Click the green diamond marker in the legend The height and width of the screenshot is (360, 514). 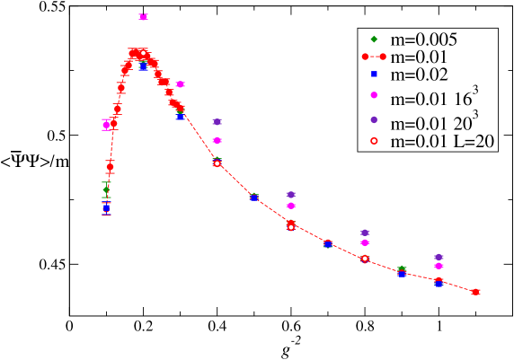(374, 40)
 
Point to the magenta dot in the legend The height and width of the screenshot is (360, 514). (374, 96)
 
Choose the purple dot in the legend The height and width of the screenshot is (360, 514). (374, 119)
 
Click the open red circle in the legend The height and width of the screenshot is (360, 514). (374, 141)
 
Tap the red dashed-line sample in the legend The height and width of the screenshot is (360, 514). (374, 57)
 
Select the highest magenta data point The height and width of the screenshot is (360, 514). (143, 16)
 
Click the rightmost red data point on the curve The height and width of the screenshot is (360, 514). (475, 292)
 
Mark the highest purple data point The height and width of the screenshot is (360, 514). (217, 121)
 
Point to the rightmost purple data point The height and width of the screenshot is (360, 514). (439, 257)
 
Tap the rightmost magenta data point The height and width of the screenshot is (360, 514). (439, 266)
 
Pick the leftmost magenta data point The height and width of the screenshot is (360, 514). (106, 126)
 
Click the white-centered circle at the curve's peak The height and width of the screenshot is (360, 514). (143, 54)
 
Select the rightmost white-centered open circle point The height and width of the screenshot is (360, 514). (365, 259)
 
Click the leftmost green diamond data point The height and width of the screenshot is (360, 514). (107, 190)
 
